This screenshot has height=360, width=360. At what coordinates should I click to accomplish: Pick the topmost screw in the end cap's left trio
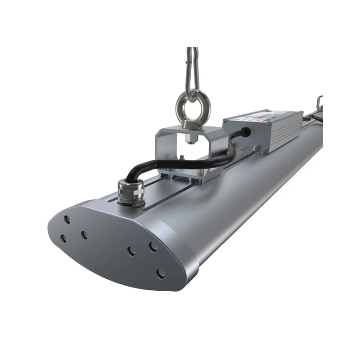click(x=67, y=220)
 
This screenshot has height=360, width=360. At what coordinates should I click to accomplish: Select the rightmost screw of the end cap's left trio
click(x=84, y=234)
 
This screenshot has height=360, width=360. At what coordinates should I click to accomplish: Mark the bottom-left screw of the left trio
click(x=64, y=238)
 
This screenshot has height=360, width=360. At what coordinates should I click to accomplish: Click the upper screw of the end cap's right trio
click(x=153, y=246)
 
